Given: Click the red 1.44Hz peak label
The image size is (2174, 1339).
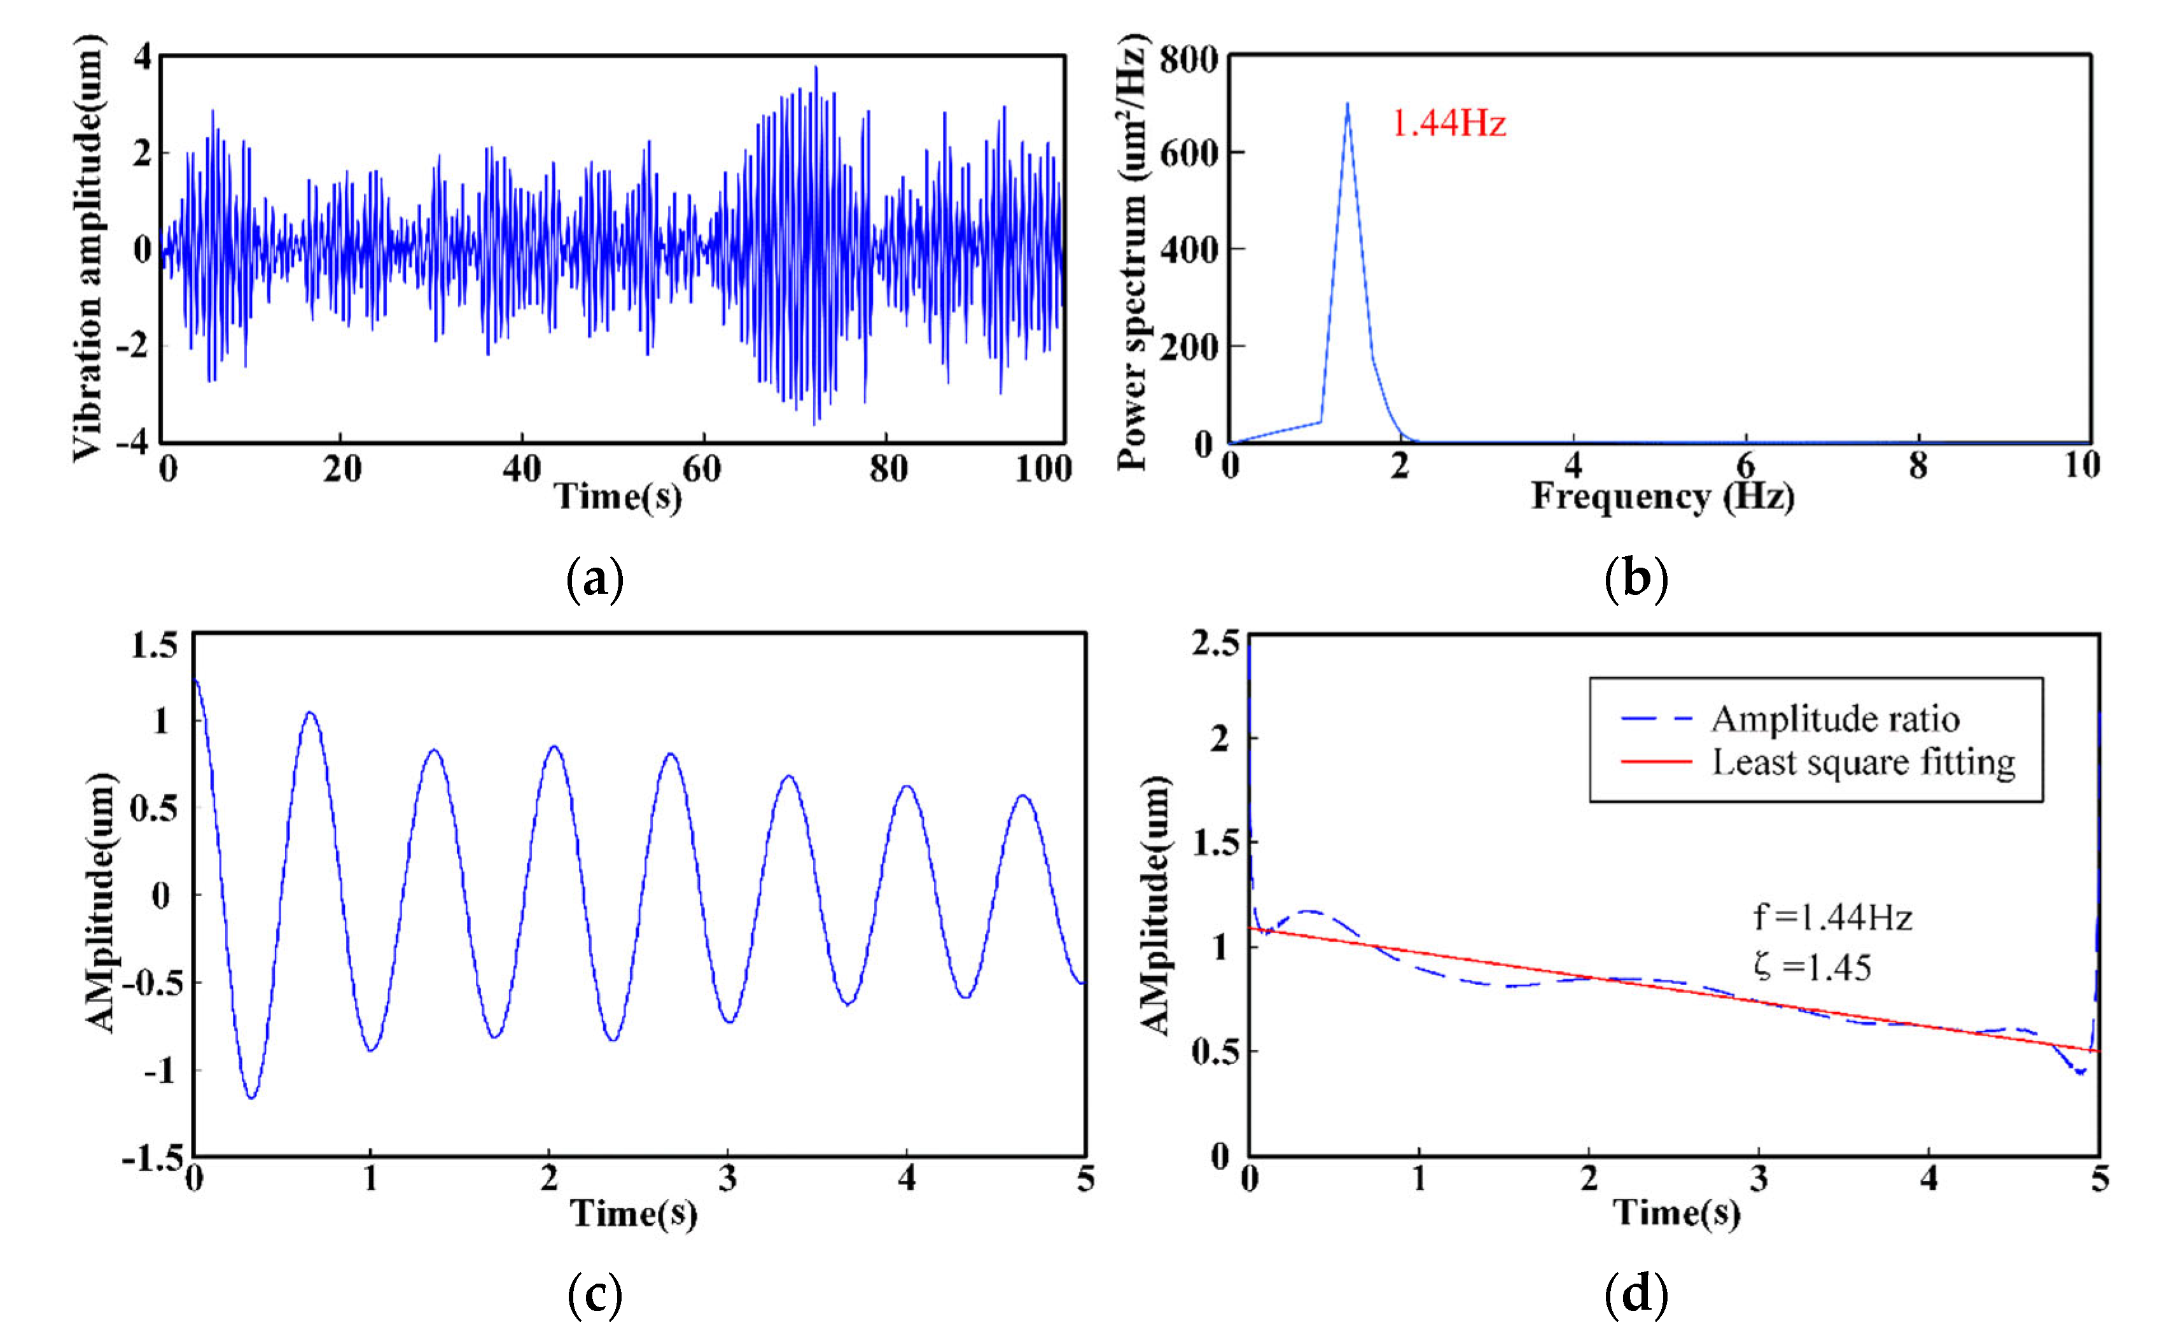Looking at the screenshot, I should tap(1448, 123).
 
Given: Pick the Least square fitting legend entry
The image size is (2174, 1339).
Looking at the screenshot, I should tap(1862, 762).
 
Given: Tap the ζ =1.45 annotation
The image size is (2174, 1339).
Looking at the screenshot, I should tap(1811, 967).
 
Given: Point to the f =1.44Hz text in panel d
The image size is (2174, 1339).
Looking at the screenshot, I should tap(1832, 918).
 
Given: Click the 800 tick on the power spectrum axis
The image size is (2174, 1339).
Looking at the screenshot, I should tap(1188, 60).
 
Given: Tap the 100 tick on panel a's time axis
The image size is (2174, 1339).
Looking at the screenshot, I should tap(1043, 468).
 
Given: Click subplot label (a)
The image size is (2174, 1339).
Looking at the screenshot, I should tap(594, 580).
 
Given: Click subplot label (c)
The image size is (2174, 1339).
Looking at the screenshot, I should tap(594, 1294).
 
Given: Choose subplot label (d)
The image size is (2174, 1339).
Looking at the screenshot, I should tap(1636, 1294).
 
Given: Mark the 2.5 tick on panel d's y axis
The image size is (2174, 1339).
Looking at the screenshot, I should tap(1215, 643).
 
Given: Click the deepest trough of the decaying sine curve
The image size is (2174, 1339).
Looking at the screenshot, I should tap(253, 1097).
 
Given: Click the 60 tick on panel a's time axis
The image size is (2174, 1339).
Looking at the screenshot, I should tap(701, 468).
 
